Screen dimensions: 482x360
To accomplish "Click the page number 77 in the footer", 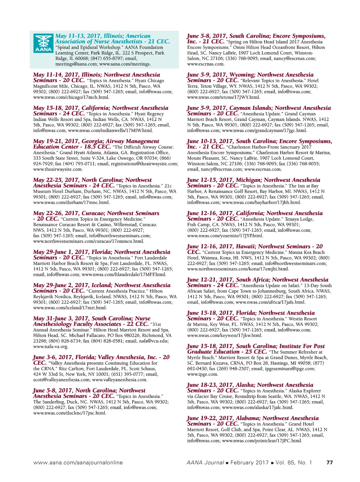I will pos(329,462).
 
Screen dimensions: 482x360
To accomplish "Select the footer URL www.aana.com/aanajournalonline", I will pos(78,462).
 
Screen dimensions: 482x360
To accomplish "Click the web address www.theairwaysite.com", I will pos(58,169).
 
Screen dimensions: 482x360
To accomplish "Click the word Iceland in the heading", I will pos(101,285).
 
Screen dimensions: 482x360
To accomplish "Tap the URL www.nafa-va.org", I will pos(51,347).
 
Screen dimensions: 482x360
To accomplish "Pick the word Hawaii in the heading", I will pos(245,247).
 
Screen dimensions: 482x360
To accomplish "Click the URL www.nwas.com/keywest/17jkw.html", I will pos(225,335).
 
